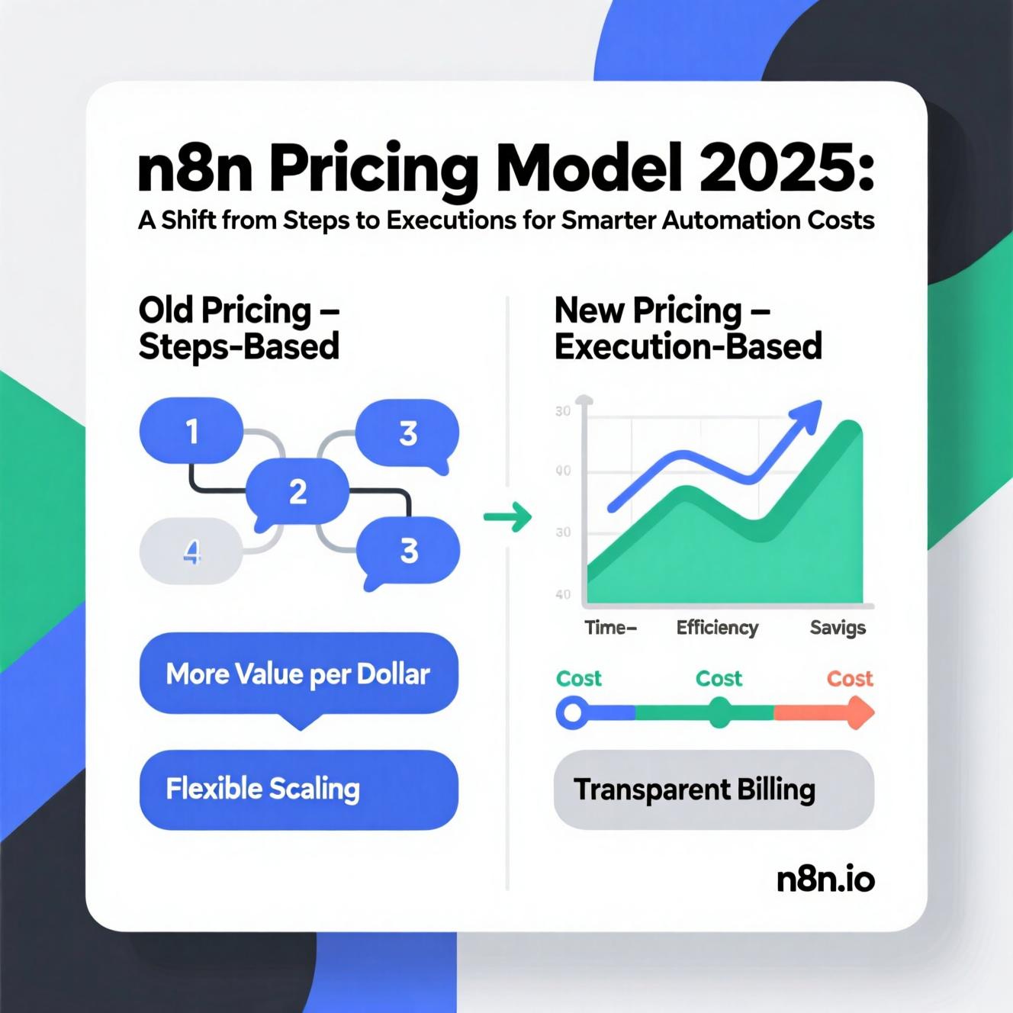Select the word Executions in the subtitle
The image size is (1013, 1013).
(x=451, y=220)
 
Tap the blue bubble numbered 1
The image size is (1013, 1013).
(x=191, y=430)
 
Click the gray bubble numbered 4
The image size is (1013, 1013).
(x=191, y=551)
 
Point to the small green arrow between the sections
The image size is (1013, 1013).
(x=508, y=516)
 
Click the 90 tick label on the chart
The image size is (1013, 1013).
(x=563, y=471)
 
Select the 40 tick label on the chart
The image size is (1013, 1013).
(x=563, y=594)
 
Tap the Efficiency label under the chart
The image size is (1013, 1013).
(x=717, y=628)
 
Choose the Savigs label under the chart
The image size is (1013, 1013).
(x=838, y=628)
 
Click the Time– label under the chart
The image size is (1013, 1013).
(x=611, y=627)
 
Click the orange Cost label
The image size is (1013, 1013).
(x=850, y=679)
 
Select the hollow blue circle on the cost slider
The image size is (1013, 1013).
(x=572, y=712)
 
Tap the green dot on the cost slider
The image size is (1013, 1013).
(x=719, y=712)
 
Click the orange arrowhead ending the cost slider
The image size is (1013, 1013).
(x=861, y=712)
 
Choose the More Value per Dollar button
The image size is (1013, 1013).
(x=298, y=674)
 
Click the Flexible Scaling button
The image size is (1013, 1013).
(x=298, y=789)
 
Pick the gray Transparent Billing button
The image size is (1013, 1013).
(x=714, y=789)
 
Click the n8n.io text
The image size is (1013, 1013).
(x=825, y=880)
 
